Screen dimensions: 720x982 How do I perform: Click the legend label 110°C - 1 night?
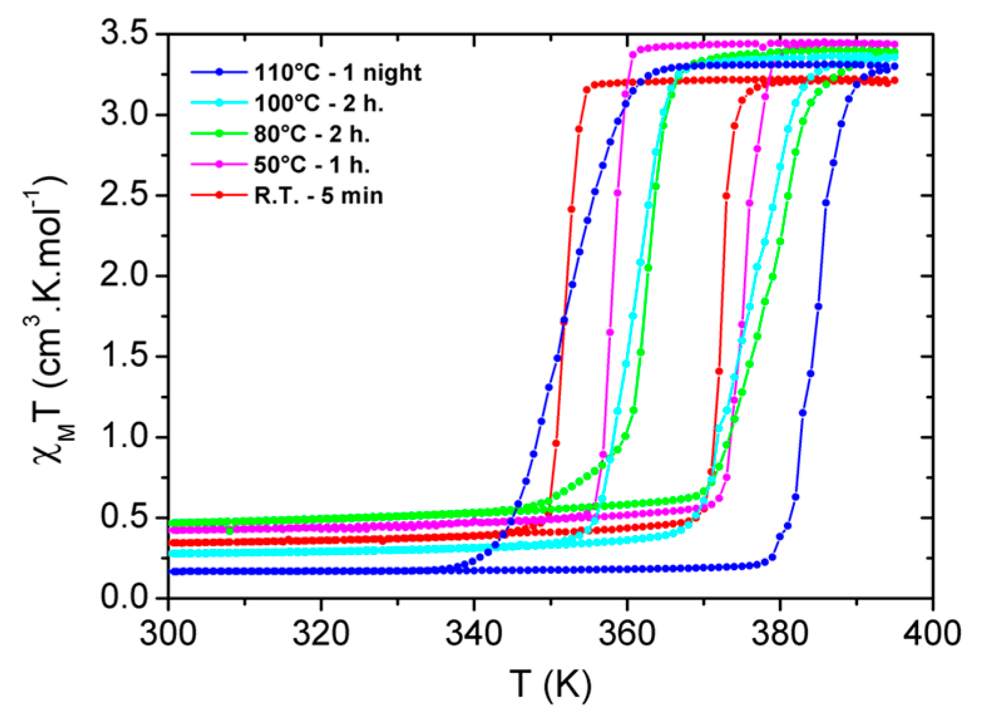[338, 73]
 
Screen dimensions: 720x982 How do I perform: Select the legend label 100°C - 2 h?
[318, 103]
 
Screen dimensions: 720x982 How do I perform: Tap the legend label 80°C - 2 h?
[311, 134]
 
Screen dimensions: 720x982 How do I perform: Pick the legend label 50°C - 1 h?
[311, 165]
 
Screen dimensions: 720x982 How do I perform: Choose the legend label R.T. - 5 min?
[318, 196]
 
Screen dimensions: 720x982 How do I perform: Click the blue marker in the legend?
[219, 72]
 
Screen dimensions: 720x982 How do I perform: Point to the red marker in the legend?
[219, 195]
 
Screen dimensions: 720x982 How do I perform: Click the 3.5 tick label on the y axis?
[128, 34]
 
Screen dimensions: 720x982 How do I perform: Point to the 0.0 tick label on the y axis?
[128, 598]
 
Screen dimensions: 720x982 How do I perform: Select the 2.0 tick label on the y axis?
[128, 276]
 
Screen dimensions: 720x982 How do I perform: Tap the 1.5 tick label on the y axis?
[128, 356]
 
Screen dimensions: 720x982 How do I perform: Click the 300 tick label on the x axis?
[169, 633]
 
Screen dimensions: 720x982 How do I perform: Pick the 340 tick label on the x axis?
[474, 633]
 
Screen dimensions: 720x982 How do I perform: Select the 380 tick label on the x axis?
[780, 633]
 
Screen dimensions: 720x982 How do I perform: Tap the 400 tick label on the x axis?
[932, 633]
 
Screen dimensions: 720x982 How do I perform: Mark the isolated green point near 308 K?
[229, 531]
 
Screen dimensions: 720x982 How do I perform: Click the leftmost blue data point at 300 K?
[170, 571]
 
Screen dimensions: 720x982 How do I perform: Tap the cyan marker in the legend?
[219, 103]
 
